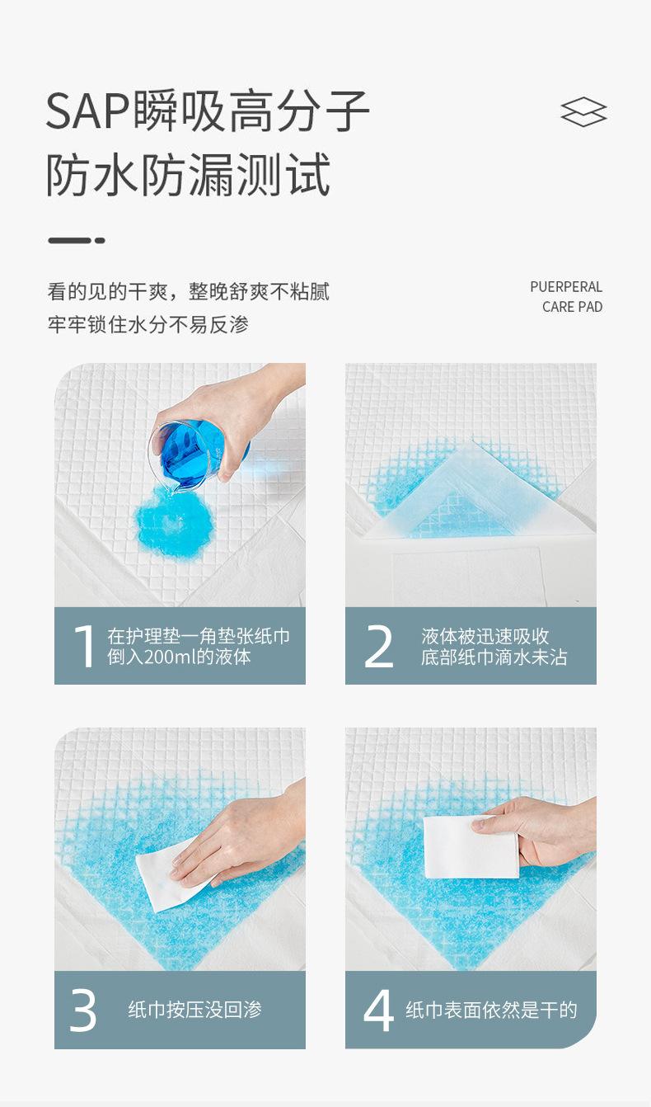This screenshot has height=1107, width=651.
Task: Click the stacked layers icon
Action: (x=583, y=111)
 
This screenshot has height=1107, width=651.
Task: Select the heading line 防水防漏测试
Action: (x=188, y=174)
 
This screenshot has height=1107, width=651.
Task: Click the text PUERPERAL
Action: (x=566, y=286)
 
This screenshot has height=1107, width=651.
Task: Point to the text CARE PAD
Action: (x=572, y=307)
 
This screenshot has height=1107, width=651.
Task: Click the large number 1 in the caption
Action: (x=84, y=646)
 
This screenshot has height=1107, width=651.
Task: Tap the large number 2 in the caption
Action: (x=378, y=646)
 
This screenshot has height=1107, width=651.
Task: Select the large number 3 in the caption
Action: (x=82, y=1010)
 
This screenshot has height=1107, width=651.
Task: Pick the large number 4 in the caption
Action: (x=378, y=1010)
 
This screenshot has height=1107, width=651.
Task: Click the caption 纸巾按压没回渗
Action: (x=195, y=1010)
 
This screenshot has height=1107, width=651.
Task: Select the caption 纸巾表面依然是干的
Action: (x=491, y=1010)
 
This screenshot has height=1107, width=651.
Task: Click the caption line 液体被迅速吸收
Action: (x=485, y=636)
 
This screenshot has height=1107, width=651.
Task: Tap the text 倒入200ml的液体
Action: (x=180, y=657)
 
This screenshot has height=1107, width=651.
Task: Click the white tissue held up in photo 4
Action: (x=471, y=847)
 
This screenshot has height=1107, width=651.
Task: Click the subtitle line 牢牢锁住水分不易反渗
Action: (x=148, y=325)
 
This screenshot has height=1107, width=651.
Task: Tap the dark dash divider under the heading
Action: (x=77, y=241)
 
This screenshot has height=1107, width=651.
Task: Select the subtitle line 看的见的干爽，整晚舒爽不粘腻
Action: (x=188, y=291)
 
